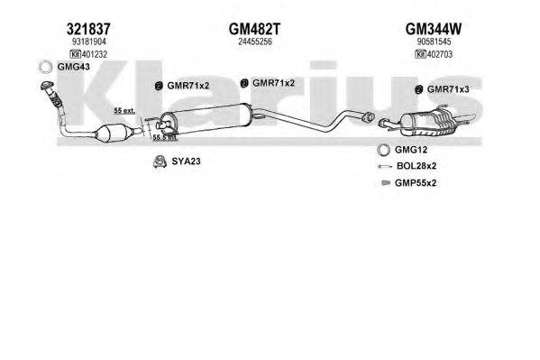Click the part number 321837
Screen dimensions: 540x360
click(x=88, y=29)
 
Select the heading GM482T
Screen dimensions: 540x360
click(x=255, y=29)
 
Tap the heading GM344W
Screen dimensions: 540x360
click(x=434, y=29)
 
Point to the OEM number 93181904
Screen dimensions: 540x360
click(x=89, y=42)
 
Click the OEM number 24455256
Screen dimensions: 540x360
click(x=255, y=42)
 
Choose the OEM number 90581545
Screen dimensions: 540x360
click(x=434, y=42)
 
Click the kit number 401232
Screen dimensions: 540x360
click(x=95, y=54)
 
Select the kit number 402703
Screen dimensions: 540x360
click(x=440, y=54)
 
